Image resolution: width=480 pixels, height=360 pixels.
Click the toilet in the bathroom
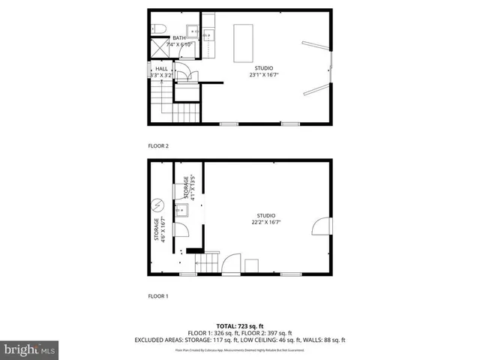click(159, 29)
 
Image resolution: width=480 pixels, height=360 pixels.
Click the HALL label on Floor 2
click(161, 68)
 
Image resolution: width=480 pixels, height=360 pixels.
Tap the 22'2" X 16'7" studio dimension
click(265, 221)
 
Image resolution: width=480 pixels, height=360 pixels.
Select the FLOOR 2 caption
click(158, 146)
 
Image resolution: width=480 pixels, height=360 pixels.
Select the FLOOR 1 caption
click(158, 296)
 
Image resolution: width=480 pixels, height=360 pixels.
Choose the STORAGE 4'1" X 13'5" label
click(190, 187)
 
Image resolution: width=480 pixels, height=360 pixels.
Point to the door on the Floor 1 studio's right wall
click(321, 225)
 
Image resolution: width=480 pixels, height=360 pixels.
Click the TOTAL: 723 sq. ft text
click(240, 325)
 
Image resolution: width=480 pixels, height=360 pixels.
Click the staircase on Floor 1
click(206, 264)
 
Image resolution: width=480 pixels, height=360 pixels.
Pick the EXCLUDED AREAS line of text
click(240, 340)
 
